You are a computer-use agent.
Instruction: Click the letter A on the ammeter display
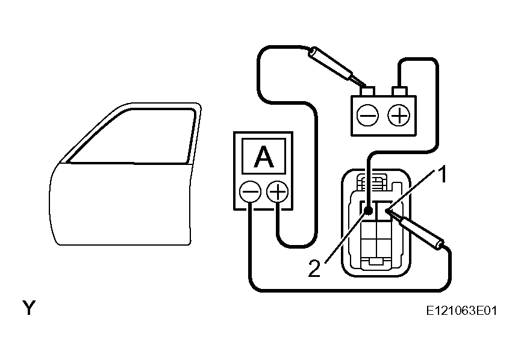click(264, 157)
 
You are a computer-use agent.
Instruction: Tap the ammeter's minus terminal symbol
click(250, 191)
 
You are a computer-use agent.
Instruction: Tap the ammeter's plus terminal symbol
click(278, 191)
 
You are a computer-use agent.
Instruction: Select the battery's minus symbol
click(367, 116)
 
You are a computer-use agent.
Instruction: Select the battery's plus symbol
click(399, 116)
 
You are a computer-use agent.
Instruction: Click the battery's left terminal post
click(367, 91)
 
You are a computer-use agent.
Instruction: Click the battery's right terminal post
click(399, 91)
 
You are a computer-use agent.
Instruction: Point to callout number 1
click(442, 175)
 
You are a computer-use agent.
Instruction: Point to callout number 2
click(314, 268)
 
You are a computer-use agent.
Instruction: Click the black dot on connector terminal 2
click(368, 210)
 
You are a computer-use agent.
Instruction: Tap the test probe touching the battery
click(336, 67)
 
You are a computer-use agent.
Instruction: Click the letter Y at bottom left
click(29, 308)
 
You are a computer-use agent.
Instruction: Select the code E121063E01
click(461, 311)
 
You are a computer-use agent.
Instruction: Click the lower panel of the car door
click(120, 204)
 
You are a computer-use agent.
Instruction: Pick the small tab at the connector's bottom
click(376, 261)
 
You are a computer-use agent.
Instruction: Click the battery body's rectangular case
click(384, 116)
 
